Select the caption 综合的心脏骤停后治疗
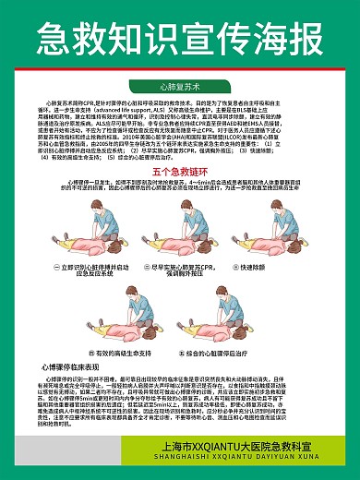[233, 353]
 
